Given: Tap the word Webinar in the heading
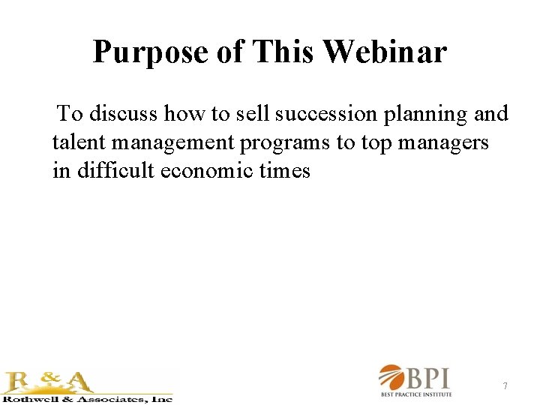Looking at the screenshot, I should [385, 52].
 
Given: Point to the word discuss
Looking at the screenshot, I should [124, 114].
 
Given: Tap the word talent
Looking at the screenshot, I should [79, 142].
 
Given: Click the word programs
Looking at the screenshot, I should [284, 143].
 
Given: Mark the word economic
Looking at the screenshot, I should [212, 171].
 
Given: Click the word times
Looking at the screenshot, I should [285, 171].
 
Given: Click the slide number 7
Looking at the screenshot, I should [505, 386].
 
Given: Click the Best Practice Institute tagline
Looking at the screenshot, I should [417, 394].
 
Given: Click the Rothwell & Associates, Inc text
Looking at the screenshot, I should [87, 399].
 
